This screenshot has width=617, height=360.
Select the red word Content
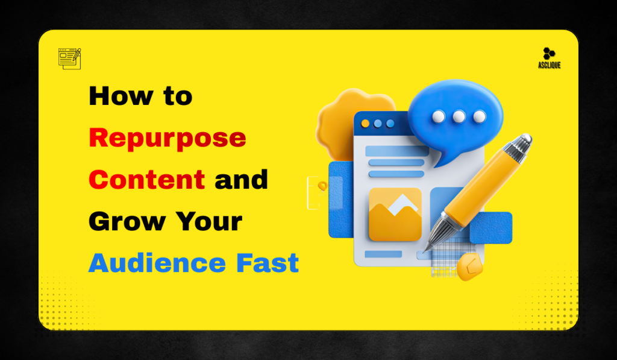pos(146,180)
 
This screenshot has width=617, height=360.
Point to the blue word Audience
pos(153,264)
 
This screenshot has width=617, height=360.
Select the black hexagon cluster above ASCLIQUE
pos(548,54)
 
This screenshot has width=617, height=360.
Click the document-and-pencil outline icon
pos(69,58)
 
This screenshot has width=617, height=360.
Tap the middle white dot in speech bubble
pos(459,116)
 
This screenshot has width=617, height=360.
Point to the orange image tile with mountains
pos(395,214)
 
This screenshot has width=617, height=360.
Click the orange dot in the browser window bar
pos(365,123)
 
